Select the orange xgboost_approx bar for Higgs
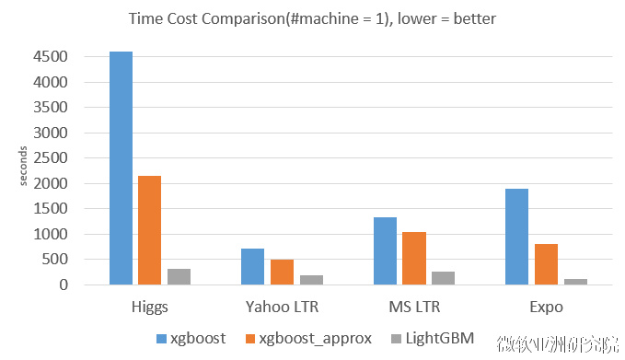click(x=149, y=230)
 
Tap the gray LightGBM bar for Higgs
click(x=179, y=276)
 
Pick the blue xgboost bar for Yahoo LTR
click(x=252, y=267)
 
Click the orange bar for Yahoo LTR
click(x=282, y=272)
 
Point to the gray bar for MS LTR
click(x=443, y=278)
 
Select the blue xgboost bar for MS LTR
click(x=385, y=250)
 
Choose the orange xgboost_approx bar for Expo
click(x=546, y=264)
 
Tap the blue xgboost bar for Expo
click(x=516, y=237)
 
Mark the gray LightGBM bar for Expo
click(x=575, y=282)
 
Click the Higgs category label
click(x=149, y=307)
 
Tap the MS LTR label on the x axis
click(x=413, y=307)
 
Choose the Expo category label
click(x=546, y=307)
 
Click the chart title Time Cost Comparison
click(x=311, y=18)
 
